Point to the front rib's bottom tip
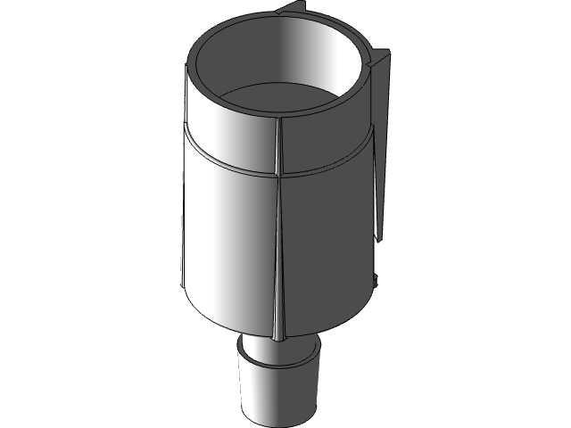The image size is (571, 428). [276, 338]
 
